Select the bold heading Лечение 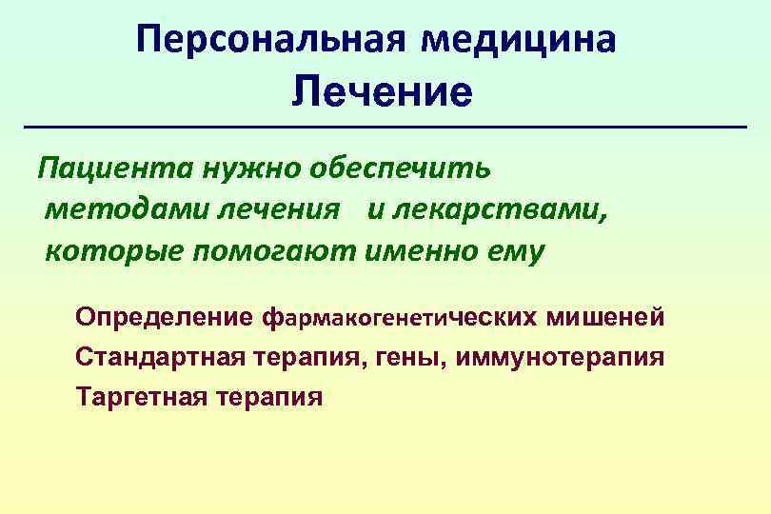click(x=382, y=93)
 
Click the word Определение click(x=165, y=317)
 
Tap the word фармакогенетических click(x=400, y=317)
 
